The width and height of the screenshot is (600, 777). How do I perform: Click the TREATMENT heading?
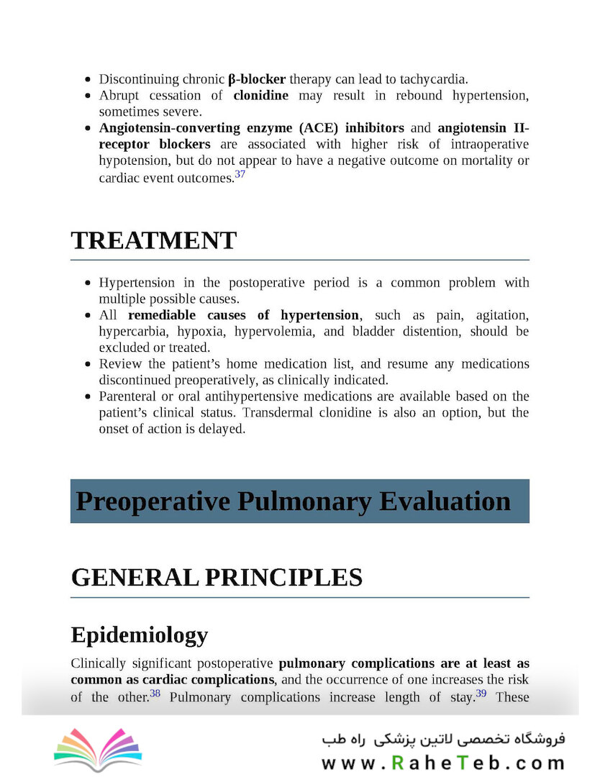coord(153,241)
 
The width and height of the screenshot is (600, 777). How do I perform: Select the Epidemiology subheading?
coord(139,635)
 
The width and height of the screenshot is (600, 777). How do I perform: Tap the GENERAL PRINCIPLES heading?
coord(216,578)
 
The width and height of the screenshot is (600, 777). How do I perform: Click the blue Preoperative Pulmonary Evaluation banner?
coord(299,501)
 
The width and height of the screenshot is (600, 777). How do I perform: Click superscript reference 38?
coord(155,694)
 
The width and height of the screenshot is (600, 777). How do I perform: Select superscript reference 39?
coord(481,694)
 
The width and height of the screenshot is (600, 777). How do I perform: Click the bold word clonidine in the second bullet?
coord(260,96)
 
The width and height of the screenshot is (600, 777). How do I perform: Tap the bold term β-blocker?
coord(256,79)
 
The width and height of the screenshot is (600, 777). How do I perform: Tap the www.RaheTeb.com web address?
coord(442,763)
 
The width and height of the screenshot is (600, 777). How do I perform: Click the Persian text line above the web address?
coord(443,739)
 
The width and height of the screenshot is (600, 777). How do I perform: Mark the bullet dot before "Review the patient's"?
coord(88,364)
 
